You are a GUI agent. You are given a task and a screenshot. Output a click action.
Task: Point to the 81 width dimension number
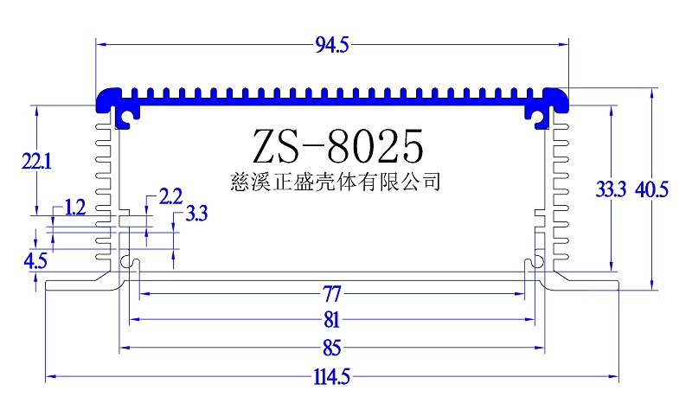pos(331,320)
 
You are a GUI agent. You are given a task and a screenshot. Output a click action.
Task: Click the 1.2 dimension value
pos(75,208)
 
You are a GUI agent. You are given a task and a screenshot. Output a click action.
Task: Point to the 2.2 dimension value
pos(170,197)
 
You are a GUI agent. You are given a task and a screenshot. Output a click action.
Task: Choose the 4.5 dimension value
pos(35,260)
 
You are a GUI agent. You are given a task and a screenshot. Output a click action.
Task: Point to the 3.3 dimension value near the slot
pos(196,214)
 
